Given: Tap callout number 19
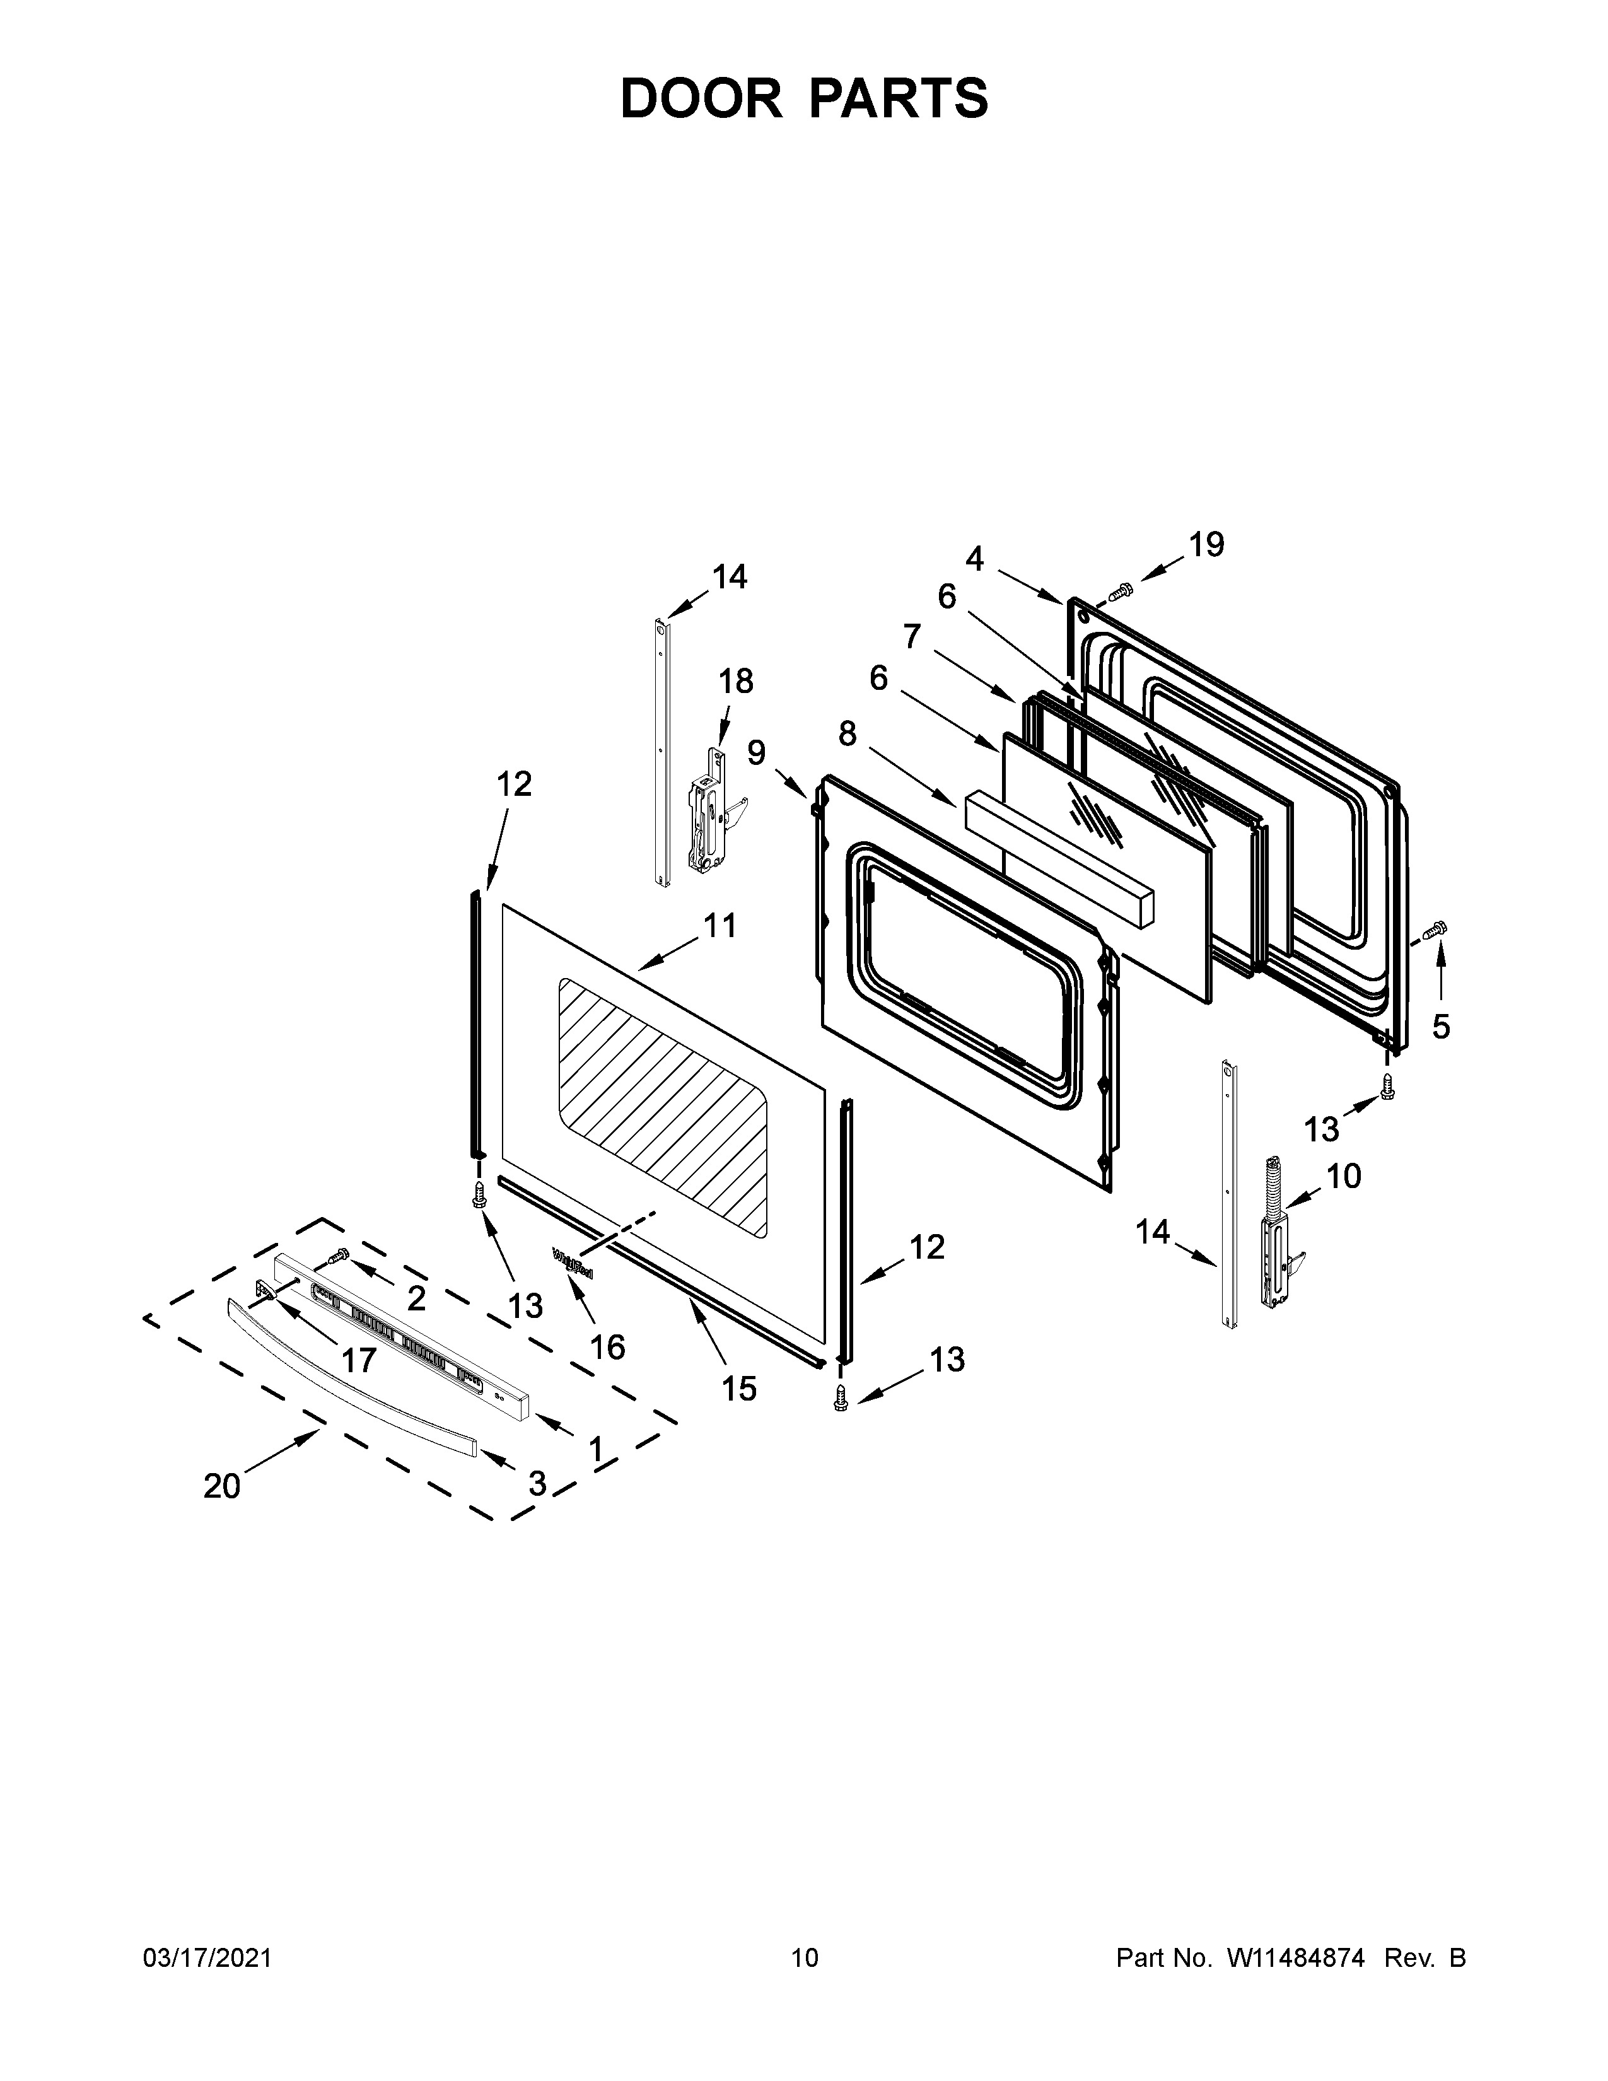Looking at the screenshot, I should pyautogui.click(x=1205, y=545).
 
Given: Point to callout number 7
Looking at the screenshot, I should pyautogui.click(x=912, y=636).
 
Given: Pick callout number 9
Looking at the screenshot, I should pyautogui.click(x=755, y=753).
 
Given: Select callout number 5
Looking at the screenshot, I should pyautogui.click(x=1440, y=1027).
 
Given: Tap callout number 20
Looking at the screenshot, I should pyautogui.click(x=222, y=1486).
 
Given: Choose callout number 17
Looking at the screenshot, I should pyautogui.click(x=359, y=1360).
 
